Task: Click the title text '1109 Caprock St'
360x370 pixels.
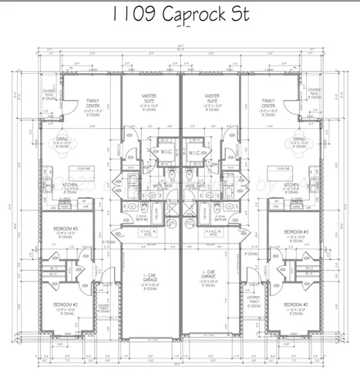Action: [180, 15]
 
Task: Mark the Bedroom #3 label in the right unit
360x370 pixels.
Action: [295, 234]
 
